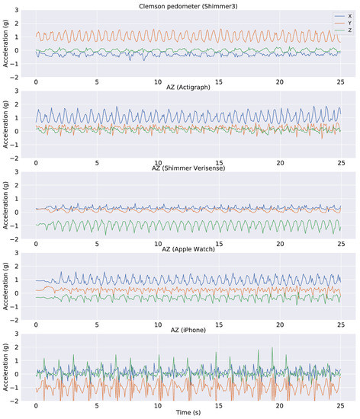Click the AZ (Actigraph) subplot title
point(188,88)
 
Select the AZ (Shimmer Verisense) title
point(188,169)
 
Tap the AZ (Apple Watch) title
point(188,250)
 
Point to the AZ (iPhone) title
point(188,331)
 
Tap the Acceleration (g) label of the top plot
point(6,42)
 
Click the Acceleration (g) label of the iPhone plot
point(6,368)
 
